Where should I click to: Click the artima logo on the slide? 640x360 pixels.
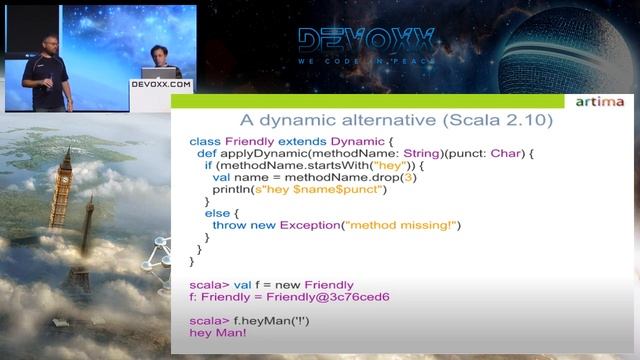(x=600, y=102)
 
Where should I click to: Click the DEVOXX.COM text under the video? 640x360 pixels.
(x=160, y=85)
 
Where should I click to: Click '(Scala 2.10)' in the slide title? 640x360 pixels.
(x=495, y=120)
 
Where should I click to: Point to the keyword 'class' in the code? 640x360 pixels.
(x=205, y=141)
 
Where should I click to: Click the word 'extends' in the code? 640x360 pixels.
(x=302, y=141)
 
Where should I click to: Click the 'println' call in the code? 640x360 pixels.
(x=232, y=189)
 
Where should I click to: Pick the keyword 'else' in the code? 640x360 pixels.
(x=216, y=213)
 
